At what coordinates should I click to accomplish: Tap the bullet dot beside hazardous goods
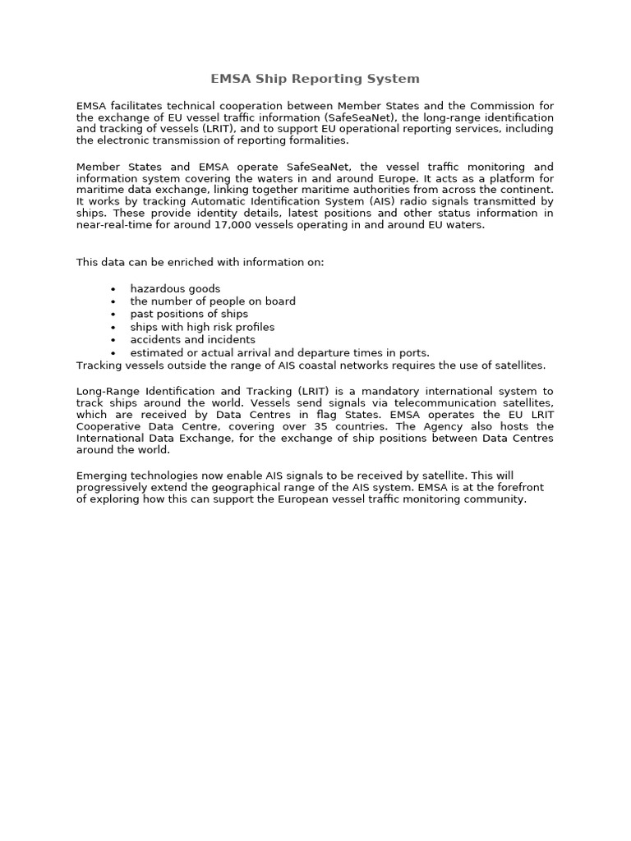[113, 289]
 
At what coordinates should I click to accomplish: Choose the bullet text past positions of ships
[189, 314]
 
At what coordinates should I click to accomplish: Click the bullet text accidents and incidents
[192, 339]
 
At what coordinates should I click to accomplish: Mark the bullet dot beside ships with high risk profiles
[113, 327]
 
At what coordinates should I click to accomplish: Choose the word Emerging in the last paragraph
[101, 475]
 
